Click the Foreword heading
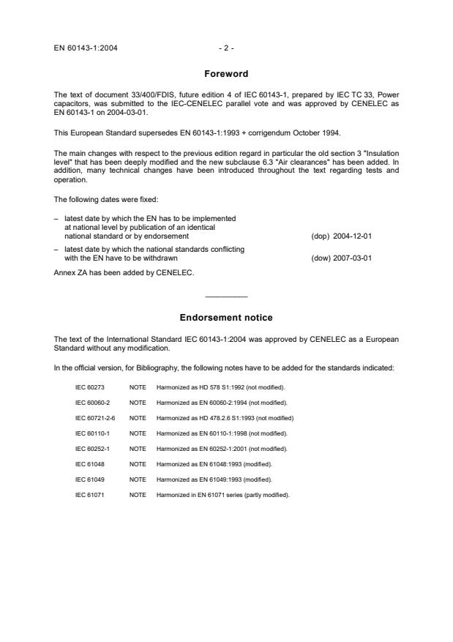pos(226,74)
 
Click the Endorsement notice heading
pos(226,318)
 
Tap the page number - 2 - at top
pos(226,48)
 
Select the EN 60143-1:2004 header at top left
pos(86,48)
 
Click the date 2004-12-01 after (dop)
pos(353,236)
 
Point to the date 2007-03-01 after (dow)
pos(353,258)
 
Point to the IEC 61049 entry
pos(89,479)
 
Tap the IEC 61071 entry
pos(89,494)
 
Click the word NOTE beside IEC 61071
pos(138,494)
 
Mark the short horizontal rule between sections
pos(226,296)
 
